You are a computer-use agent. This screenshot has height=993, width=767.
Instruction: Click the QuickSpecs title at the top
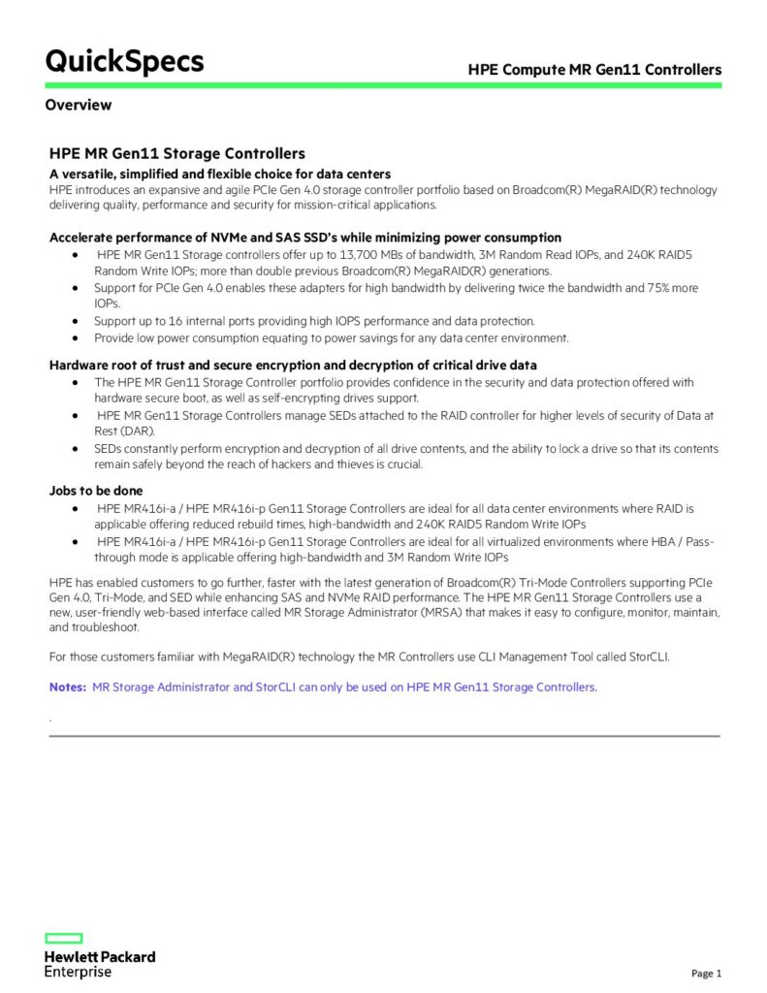point(124,61)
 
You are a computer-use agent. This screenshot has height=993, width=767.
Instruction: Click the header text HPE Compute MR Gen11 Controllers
point(594,70)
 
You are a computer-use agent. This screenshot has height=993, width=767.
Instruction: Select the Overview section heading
point(78,105)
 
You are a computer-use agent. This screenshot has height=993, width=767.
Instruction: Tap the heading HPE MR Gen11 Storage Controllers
point(177,153)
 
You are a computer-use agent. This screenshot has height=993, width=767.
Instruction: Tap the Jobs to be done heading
point(95,491)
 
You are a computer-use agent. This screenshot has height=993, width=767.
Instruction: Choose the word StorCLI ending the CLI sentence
point(647,657)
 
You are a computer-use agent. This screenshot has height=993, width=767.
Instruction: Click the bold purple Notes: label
point(68,687)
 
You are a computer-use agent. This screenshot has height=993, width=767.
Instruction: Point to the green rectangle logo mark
point(64,938)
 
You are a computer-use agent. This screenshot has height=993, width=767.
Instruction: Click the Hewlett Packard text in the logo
point(99,956)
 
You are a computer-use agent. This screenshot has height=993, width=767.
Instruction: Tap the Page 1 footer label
point(706,974)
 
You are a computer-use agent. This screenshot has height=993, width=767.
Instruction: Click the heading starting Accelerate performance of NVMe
point(304,237)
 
